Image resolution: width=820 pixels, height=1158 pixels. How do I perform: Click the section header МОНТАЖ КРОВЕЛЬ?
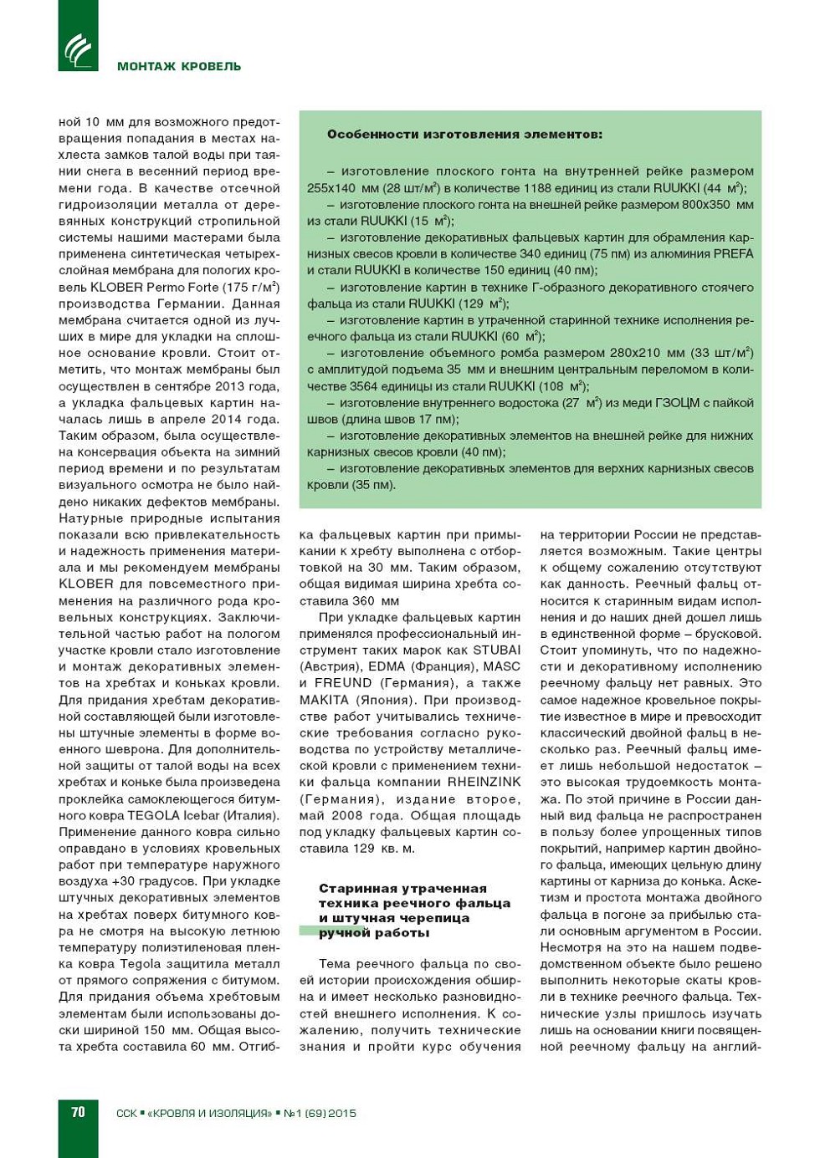179,66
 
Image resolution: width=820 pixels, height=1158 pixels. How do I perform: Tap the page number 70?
78,1111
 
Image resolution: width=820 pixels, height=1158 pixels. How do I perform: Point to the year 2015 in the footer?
342,1113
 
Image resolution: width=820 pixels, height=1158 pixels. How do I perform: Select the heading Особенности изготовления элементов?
464,134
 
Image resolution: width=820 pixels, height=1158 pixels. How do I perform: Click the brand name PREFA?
734,253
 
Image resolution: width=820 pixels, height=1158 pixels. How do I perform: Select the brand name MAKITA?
324,700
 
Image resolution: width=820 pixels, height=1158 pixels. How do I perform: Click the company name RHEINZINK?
484,782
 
